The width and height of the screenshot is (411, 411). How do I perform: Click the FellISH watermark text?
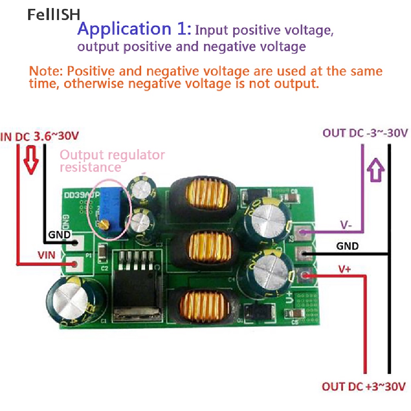54,15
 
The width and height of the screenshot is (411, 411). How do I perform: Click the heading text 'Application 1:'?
132,29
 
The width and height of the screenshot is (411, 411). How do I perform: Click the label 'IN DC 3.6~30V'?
40,136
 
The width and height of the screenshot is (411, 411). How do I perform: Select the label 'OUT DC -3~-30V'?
365,133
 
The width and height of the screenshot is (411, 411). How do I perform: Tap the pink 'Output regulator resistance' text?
112,161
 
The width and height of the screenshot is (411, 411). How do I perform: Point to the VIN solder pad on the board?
75,264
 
